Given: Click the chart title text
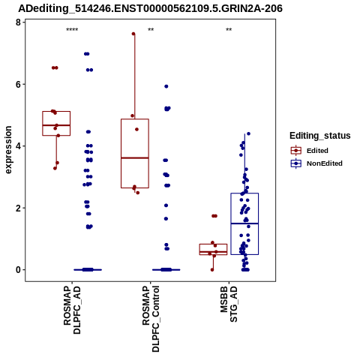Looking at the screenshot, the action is click(150, 8).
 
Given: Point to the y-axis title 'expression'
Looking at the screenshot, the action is click(8, 150).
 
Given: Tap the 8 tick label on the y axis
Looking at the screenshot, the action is click(18, 22).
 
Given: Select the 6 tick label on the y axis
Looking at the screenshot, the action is click(18, 84).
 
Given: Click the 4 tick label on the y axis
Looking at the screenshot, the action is click(18, 146).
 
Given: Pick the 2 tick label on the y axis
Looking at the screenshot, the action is click(18, 208).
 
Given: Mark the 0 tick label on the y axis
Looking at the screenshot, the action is click(18, 270).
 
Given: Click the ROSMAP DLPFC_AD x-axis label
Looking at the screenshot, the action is click(72, 310).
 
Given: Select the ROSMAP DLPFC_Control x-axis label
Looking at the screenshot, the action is click(151, 319).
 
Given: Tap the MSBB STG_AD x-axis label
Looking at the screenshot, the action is click(229, 304).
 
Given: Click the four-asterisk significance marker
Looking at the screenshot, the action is click(72, 30).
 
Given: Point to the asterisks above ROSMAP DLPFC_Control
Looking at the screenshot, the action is click(151, 30).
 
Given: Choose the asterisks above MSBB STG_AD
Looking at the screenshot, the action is click(229, 30).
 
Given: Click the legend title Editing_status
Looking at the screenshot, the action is click(320, 136).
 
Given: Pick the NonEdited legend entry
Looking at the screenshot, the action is click(316, 163).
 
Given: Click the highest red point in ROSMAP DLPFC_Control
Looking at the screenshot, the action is click(133, 34).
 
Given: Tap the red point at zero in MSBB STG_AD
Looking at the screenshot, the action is click(212, 270).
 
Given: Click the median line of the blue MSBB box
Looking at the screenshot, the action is click(244, 223).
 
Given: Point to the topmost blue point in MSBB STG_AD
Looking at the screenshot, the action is click(248, 133).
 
